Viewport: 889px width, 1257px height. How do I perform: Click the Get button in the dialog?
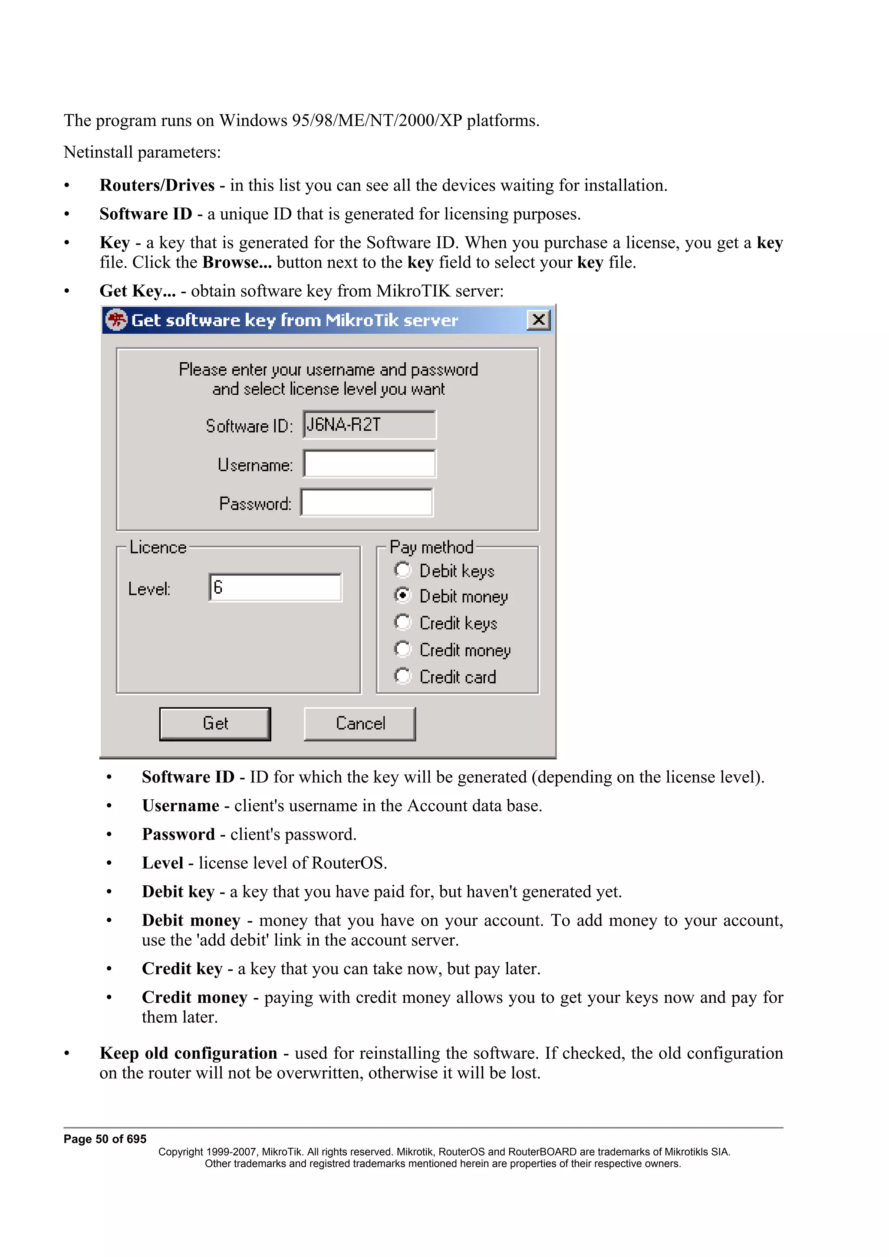[215, 724]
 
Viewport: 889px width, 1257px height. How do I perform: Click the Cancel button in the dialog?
[360, 724]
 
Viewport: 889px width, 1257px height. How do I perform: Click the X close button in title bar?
[538, 320]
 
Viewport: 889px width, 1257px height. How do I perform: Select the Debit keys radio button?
[402, 570]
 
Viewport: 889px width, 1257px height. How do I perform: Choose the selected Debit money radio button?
[402, 595]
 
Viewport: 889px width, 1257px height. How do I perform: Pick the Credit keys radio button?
[402, 622]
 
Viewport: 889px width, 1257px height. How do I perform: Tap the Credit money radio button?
[402, 649]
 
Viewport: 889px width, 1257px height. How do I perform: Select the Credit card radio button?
[402, 676]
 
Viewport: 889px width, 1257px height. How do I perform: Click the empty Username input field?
[370, 464]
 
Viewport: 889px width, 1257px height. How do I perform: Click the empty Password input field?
[367, 503]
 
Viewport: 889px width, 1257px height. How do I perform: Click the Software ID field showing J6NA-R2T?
[370, 425]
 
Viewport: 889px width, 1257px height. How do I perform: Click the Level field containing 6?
[276, 587]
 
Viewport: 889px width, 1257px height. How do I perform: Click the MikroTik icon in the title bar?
[116, 320]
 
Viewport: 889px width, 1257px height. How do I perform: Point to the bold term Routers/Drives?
[157, 186]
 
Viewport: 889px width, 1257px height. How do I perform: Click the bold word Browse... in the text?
[237, 263]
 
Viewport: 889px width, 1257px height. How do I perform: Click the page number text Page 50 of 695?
[105, 1139]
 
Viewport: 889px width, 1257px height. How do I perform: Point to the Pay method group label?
[431, 547]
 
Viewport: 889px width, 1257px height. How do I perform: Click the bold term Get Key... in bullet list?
[138, 291]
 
